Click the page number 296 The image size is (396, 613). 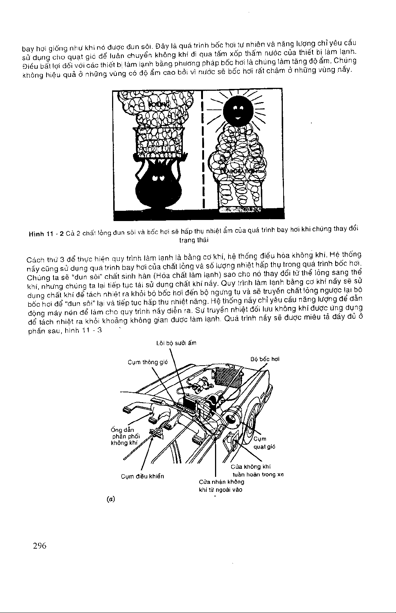tap(39, 546)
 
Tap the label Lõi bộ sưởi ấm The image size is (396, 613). tap(176, 343)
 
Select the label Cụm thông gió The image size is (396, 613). tap(147, 362)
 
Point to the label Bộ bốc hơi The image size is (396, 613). tap(265, 359)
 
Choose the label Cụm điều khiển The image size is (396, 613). tap(143, 476)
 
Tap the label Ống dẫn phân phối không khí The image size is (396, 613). tap(123, 436)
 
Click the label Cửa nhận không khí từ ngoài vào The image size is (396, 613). tap(221, 486)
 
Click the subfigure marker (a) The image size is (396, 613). tap(109, 498)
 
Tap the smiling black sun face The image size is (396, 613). tap(238, 110)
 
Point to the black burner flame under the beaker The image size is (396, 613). tap(159, 183)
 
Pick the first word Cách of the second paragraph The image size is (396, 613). tap(35, 259)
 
